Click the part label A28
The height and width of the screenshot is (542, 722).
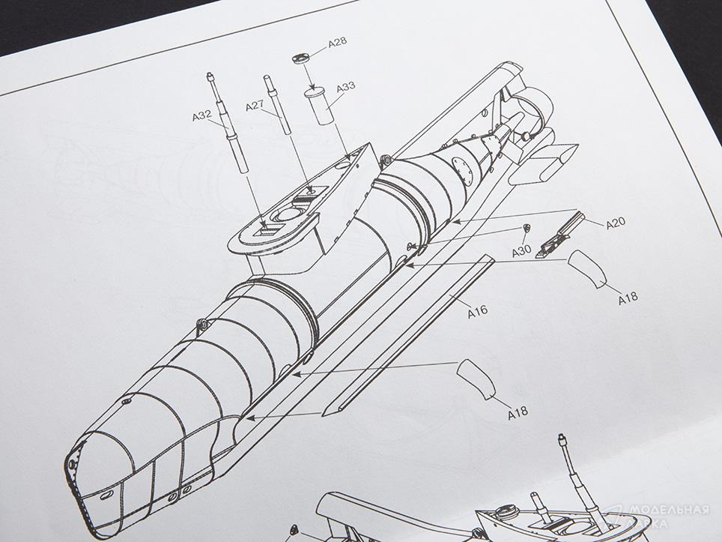(337, 43)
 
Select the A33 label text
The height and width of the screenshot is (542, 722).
(346, 87)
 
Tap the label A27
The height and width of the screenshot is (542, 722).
(255, 106)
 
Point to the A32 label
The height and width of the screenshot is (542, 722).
(201, 116)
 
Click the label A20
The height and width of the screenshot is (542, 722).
(616, 224)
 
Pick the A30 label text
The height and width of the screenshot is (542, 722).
(522, 251)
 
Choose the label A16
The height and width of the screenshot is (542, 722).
(478, 312)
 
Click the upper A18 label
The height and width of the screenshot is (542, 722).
(628, 298)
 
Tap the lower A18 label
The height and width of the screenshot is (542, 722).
(518, 413)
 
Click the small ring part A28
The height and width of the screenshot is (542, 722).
(302, 59)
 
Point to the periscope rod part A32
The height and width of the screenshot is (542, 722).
(228, 123)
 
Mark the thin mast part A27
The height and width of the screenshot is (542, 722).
(277, 105)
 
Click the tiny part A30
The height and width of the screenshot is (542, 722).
(527, 227)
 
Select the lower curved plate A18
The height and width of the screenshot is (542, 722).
(476, 378)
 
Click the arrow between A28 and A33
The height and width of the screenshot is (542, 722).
(308, 76)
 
